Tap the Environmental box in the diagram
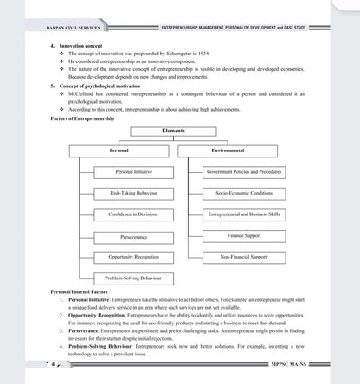pos(228,150)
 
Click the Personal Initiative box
pos(132,172)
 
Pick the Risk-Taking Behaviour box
pos(132,193)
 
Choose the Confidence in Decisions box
pos(132,214)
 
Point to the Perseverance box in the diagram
pos(132,235)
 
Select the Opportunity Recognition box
pos(132,257)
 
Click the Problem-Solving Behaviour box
pos(132,278)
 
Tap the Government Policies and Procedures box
pos(244,172)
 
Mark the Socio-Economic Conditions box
pos(244,193)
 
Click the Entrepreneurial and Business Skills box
pos(244,214)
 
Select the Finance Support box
pos(244,235)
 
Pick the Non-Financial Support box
pos(244,257)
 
